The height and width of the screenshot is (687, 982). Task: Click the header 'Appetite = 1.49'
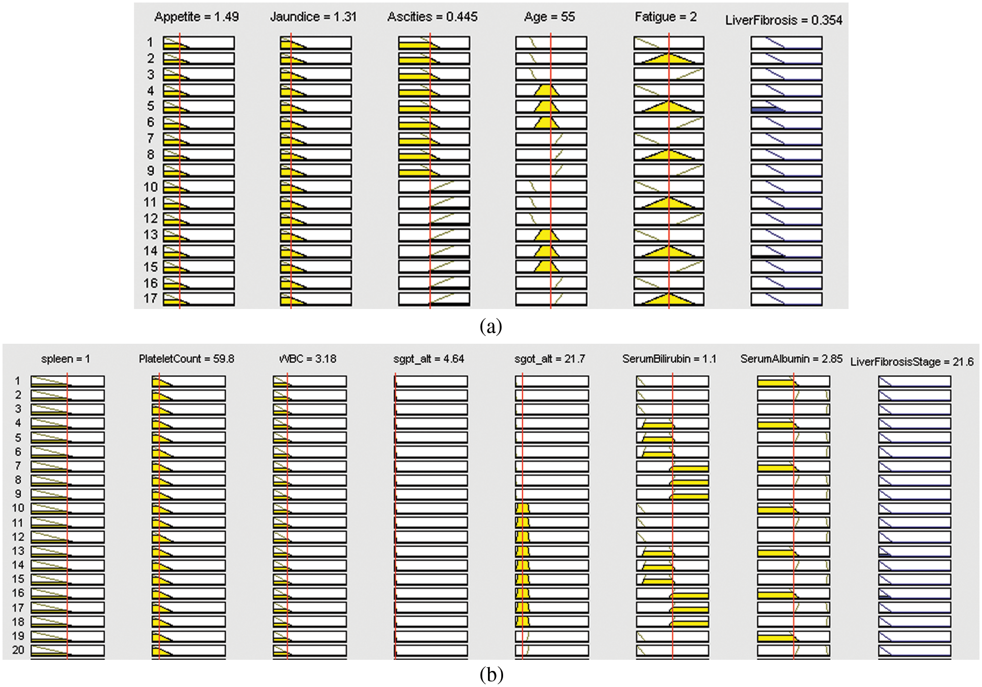point(196,17)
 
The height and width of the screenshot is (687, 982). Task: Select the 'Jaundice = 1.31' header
point(313,17)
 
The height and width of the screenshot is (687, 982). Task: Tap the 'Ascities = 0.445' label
point(432,17)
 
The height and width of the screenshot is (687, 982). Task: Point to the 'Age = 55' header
point(549,17)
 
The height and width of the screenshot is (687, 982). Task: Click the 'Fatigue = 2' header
point(666,17)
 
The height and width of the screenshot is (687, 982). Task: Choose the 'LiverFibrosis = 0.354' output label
point(784,21)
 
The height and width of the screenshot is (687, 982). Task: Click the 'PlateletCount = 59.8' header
point(186,359)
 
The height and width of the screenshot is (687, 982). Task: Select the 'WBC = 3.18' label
point(308,359)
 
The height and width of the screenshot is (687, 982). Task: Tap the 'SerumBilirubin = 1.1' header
point(669,359)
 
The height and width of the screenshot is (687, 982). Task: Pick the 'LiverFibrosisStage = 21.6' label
point(911,362)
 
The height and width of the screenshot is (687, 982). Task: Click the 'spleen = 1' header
point(65,359)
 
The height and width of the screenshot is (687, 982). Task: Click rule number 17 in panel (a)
point(150,299)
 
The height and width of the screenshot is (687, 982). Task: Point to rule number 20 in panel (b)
point(18,650)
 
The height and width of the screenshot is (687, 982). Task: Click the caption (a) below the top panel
point(490,327)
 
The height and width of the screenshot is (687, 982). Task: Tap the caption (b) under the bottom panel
point(491,674)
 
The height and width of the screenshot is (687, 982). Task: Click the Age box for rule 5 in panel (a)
point(551,107)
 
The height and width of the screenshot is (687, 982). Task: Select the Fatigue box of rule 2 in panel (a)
point(669,58)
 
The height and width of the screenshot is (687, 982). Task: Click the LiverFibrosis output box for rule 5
point(786,107)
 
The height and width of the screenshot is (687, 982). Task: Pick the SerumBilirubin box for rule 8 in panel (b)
point(672,480)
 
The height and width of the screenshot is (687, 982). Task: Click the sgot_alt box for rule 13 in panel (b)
point(551,551)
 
